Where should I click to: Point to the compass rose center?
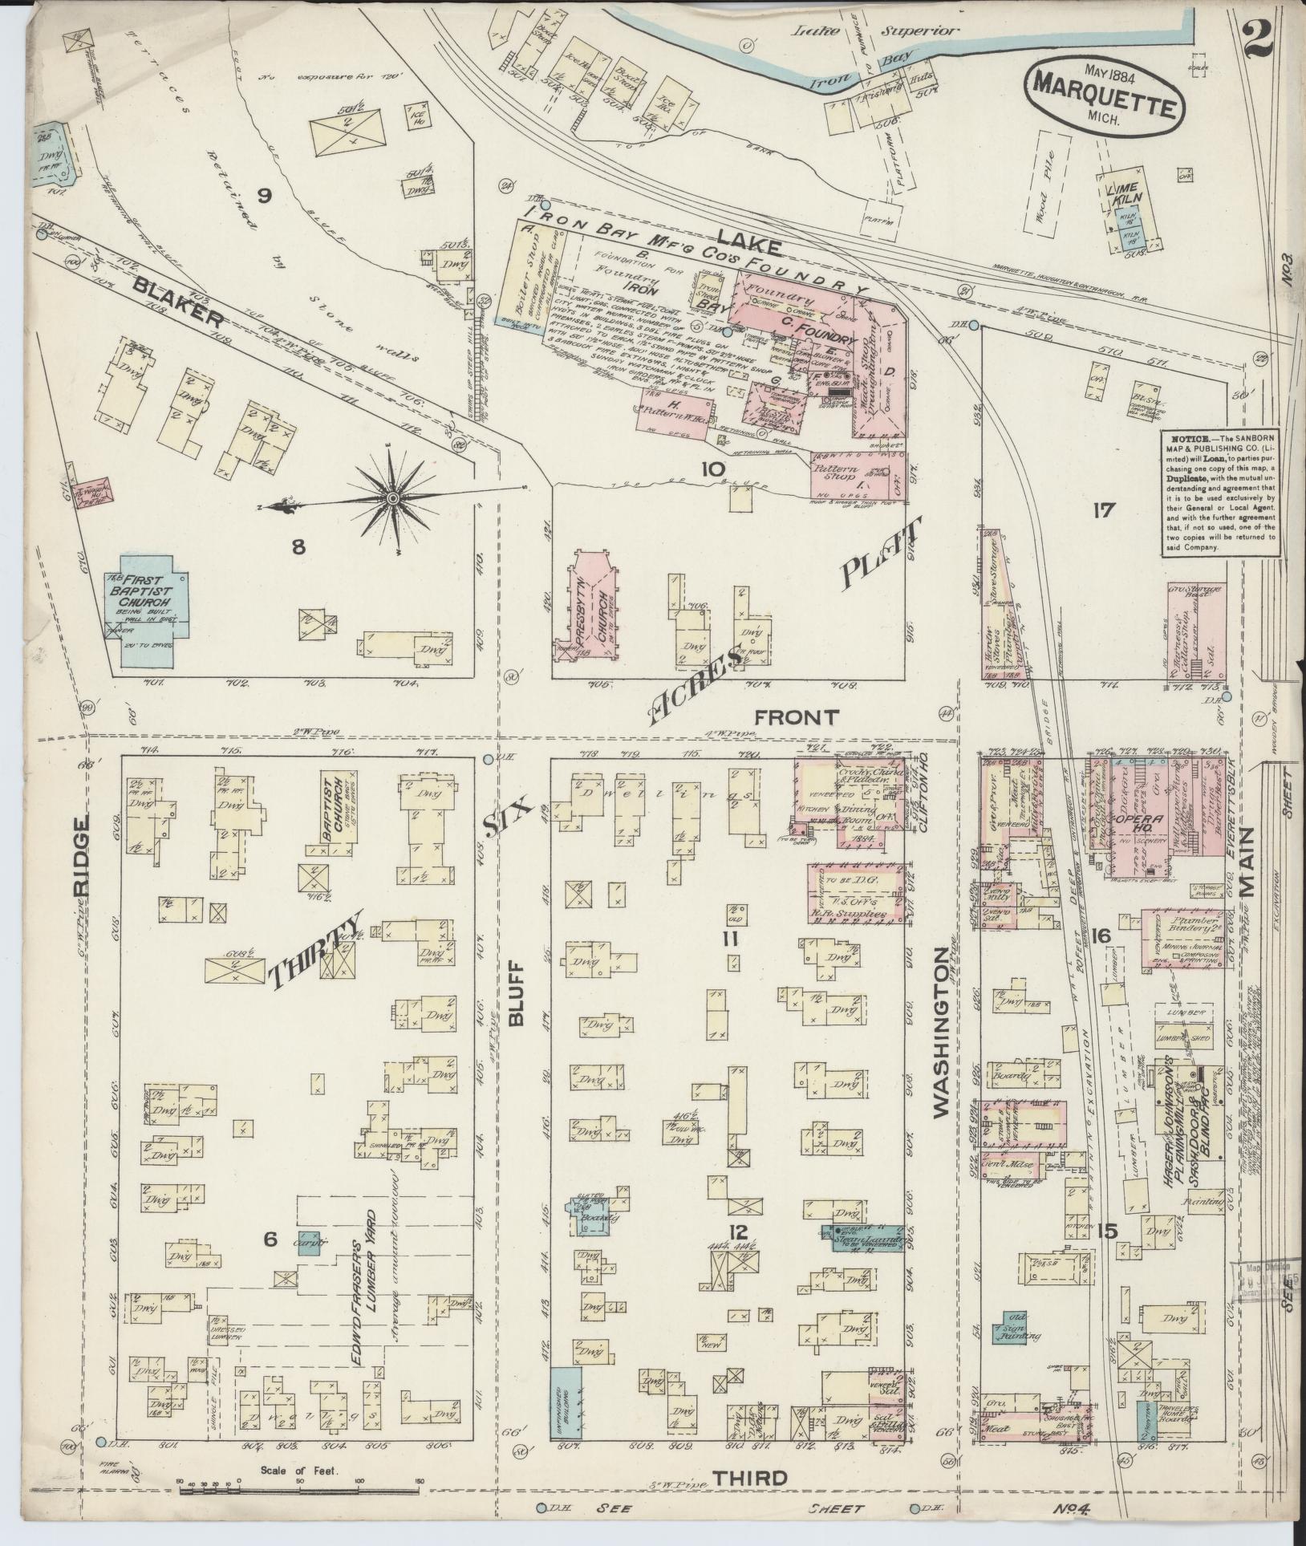click(x=392, y=499)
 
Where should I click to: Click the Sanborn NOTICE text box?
click(x=1219, y=493)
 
